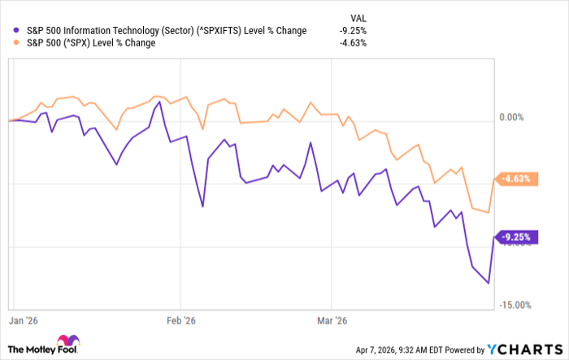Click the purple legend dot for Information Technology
(x=8, y=31)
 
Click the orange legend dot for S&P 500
(x=8, y=43)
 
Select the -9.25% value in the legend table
(x=352, y=31)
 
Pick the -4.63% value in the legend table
(x=352, y=43)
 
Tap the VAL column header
(x=357, y=16)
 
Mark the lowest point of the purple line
(x=488, y=284)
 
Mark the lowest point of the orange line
(x=488, y=213)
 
